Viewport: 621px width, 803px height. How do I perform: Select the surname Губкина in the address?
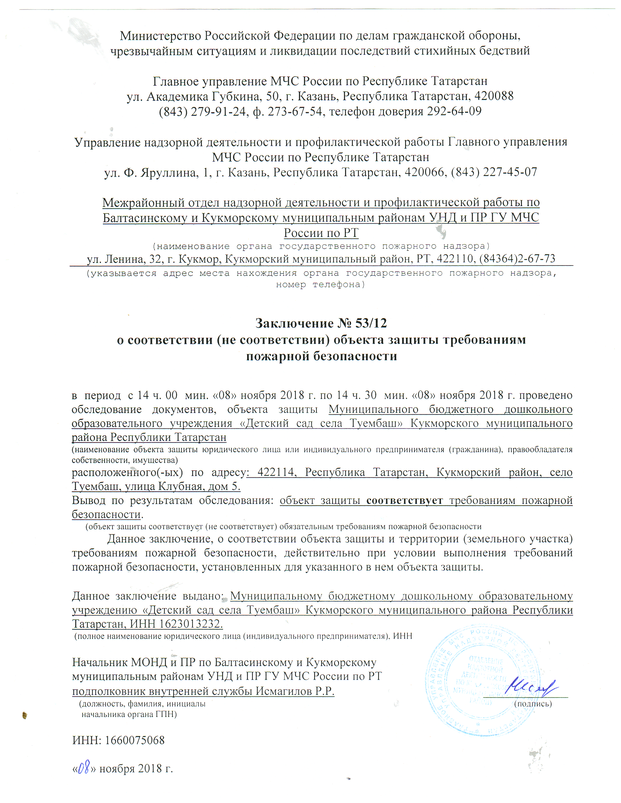(x=238, y=96)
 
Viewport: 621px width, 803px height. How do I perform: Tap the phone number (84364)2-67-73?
(x=517, y=259)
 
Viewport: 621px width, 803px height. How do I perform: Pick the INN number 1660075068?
(x=135, y=740)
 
